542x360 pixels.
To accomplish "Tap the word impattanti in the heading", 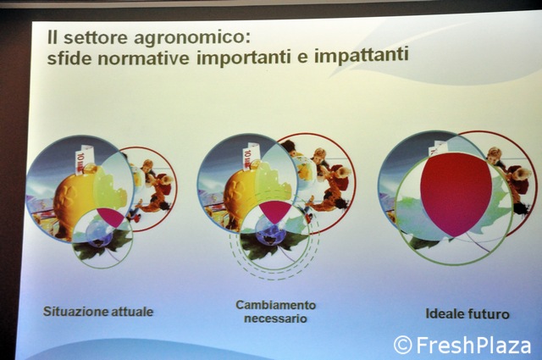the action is tap(362, 55).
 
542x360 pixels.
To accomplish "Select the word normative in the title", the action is tap(143, 58).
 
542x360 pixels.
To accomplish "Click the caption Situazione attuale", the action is tap(98, 311).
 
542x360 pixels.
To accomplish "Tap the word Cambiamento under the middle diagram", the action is tap(276, 305).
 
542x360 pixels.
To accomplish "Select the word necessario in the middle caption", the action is tap(275, 318).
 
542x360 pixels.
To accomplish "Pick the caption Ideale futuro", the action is tap(467, 314).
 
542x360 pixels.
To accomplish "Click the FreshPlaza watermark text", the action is tap(473, 345).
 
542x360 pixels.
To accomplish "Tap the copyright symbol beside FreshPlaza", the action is tap(403, 345).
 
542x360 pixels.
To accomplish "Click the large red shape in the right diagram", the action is tap(456, 194).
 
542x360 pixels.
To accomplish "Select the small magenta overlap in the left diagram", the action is tap(110, 217).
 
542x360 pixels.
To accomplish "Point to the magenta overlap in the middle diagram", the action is tap(275, 211).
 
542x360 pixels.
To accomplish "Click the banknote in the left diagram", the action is tap(83, 159).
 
